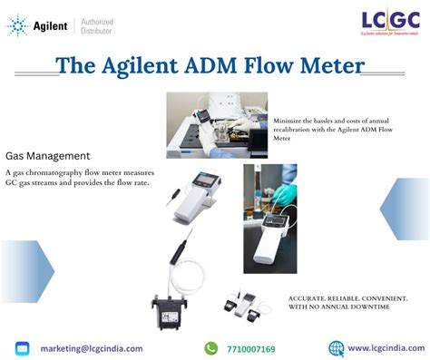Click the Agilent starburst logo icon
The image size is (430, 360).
click(x=18, y=26)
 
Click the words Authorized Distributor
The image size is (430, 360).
click(x=97, y=26)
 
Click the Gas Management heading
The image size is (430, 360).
click(x=47, y=156)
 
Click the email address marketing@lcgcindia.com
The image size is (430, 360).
click(x=91, y=348)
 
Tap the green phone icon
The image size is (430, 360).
click(x=210, y=348)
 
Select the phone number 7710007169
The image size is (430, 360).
click(x=252, y=348)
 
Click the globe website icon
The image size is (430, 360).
click(x=336, y=348)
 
